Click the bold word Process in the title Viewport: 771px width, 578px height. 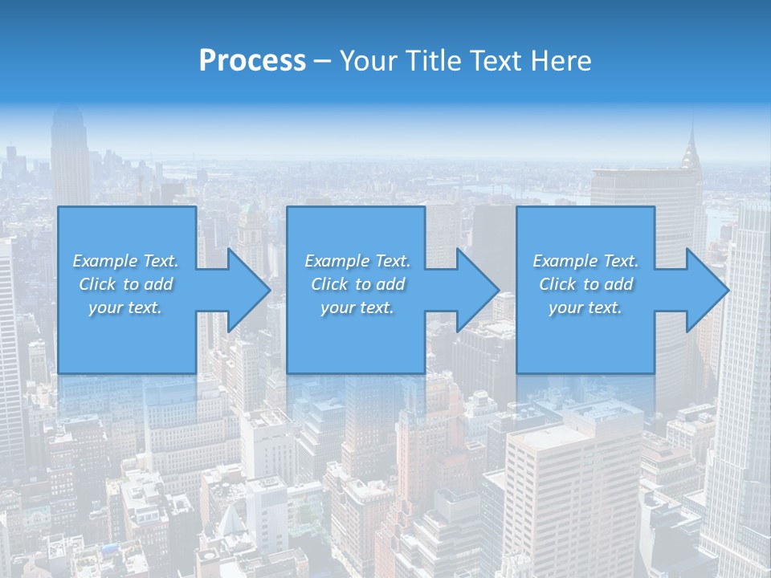[252, 61]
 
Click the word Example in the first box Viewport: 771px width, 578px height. [104, 261]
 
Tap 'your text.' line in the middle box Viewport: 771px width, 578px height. [357, 307]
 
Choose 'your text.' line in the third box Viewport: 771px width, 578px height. [585, 307]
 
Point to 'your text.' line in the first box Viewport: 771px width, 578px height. [125, 307]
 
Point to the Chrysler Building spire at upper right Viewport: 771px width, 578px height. [690, 144]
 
